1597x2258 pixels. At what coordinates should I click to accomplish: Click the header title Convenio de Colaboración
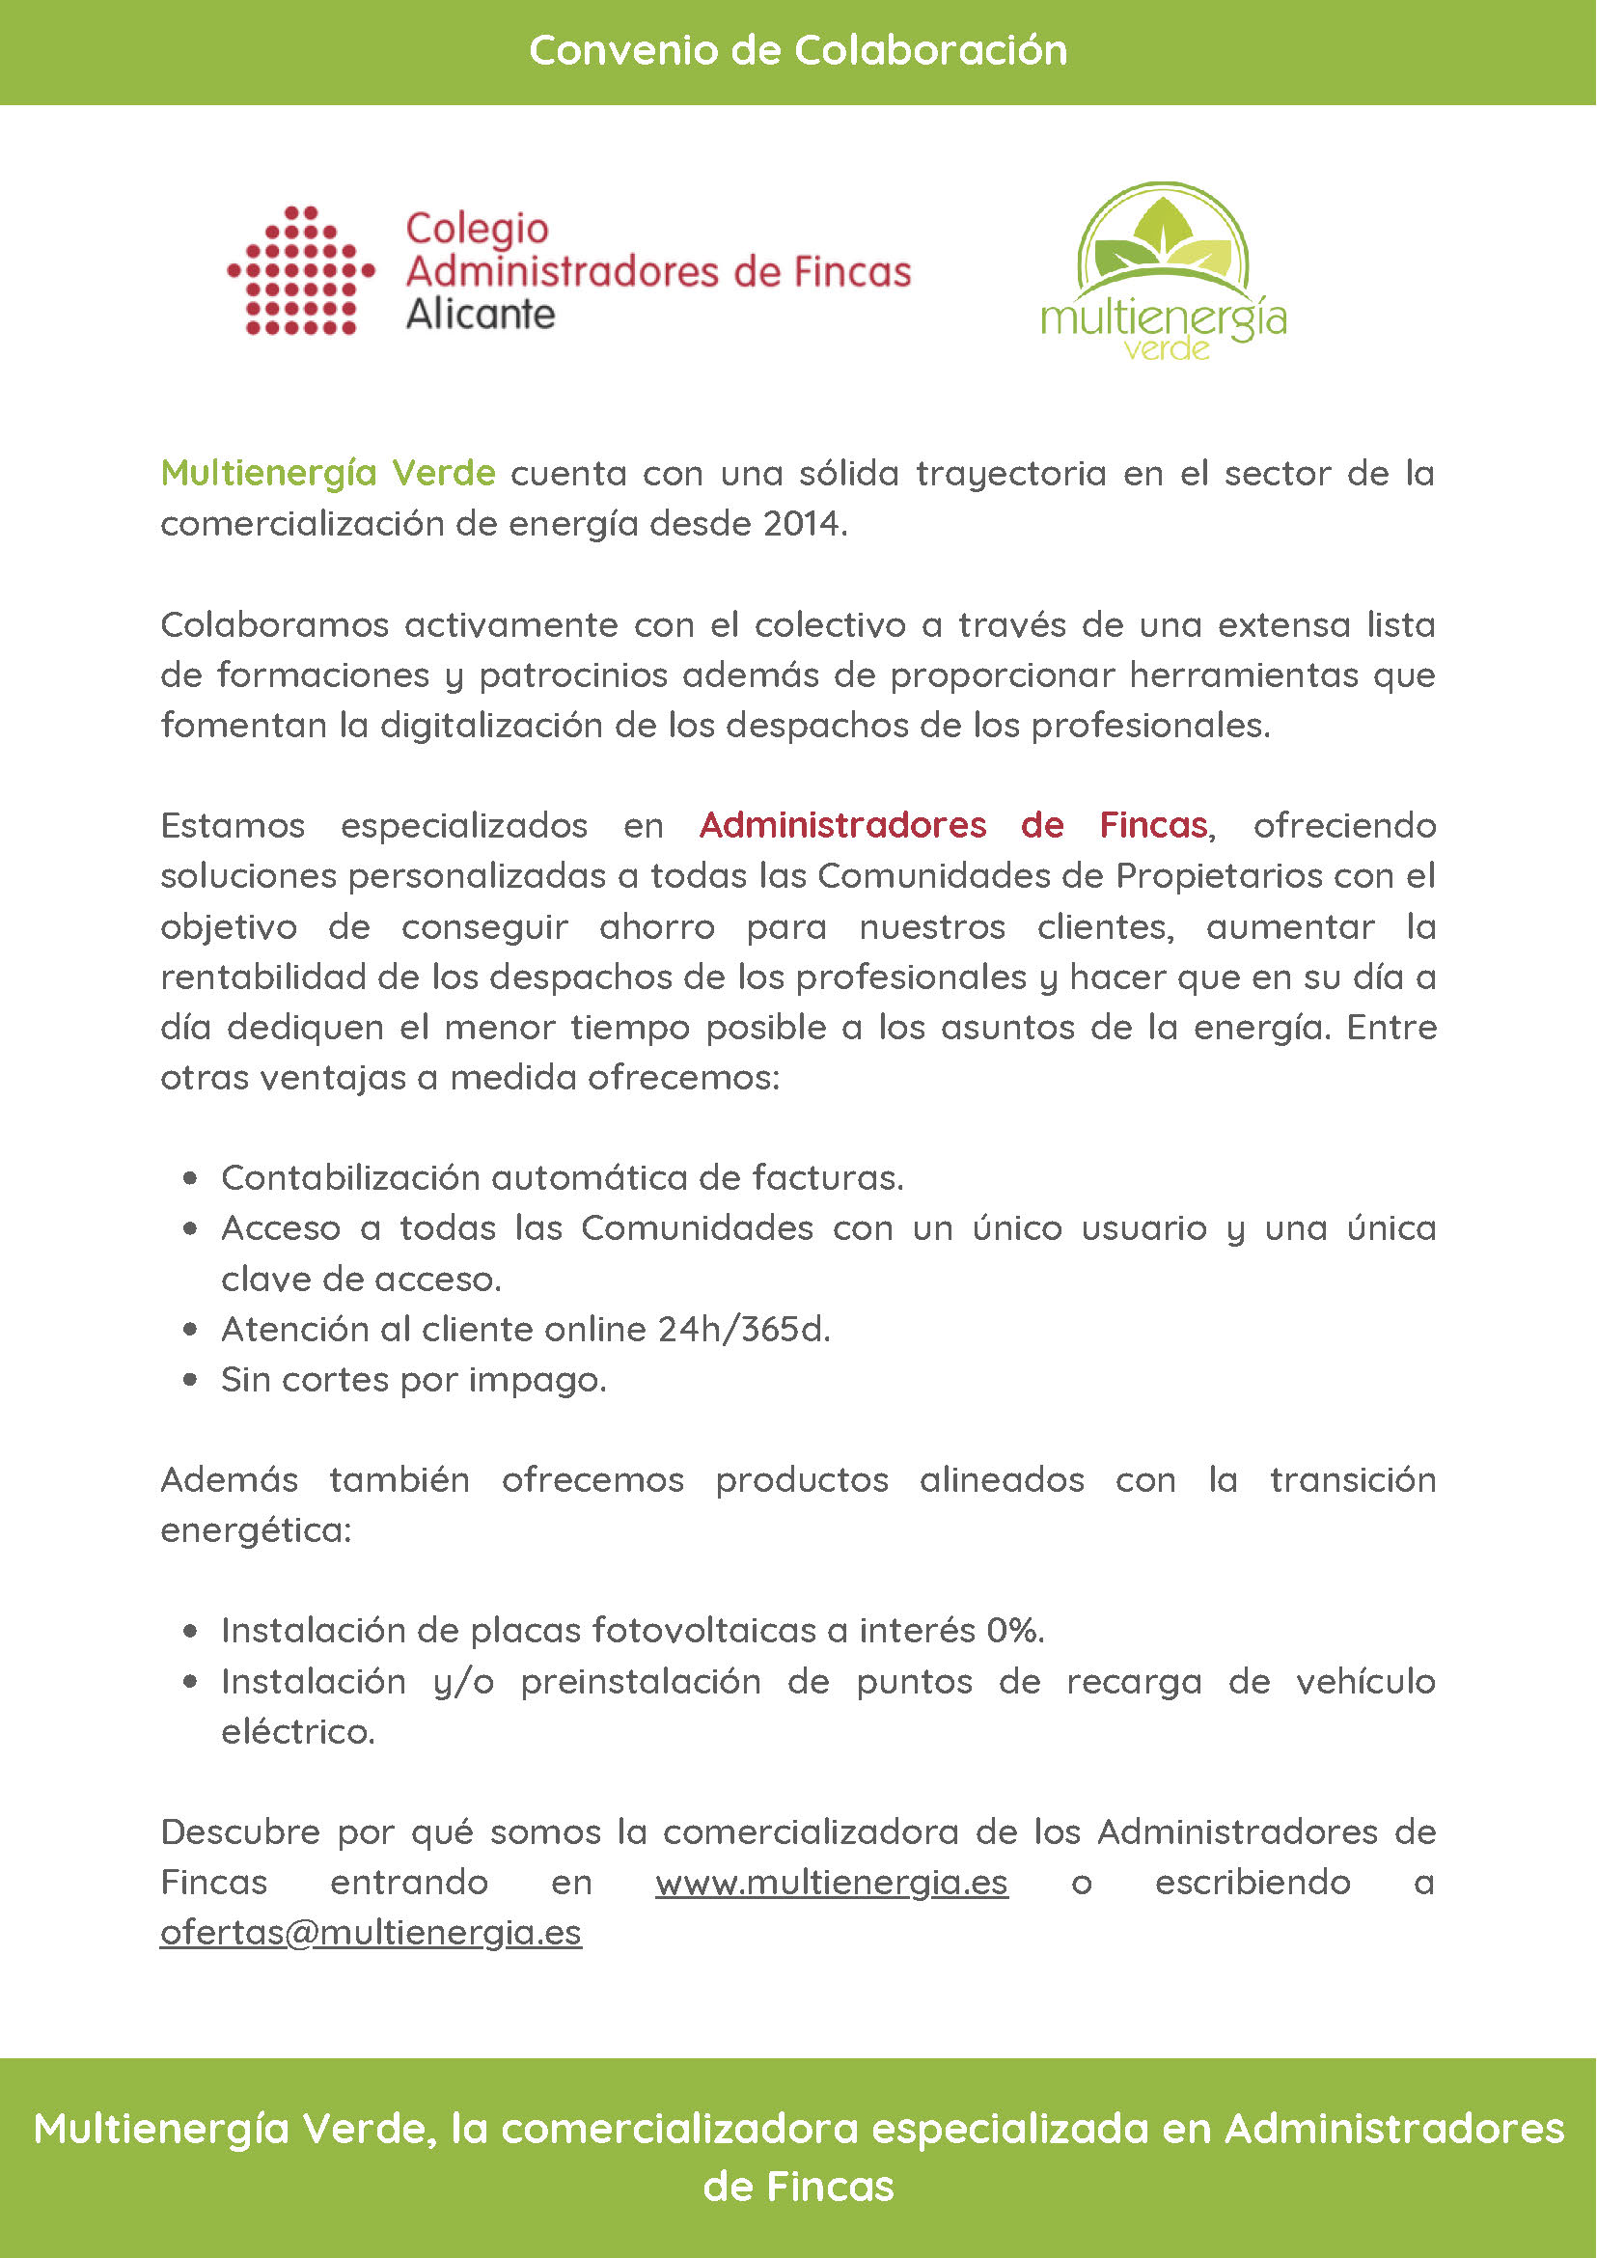[x=797, y=50]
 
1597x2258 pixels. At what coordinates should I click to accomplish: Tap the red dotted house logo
[x=301, y=270]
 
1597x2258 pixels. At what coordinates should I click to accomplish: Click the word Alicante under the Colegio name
[x=480, y=315]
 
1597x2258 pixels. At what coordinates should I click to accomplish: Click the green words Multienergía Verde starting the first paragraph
[x=327, y=473]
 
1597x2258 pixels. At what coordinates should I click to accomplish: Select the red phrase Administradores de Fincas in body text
[x=952, y=825]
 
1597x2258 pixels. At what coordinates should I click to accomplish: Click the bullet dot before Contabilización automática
[x=190, y=1178]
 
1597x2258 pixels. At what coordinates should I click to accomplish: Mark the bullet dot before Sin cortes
[x=190, y=1380]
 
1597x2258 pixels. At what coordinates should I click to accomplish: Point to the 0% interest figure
[x=1014, y=1631]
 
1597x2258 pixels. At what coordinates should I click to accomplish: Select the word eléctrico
[x=297, y=1732]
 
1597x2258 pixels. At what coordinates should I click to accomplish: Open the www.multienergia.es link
[x=832, y=1883]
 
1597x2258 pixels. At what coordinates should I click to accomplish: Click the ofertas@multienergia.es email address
[x=371, y=1933]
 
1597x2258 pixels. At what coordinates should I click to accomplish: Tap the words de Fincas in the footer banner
[x=797, y=2187]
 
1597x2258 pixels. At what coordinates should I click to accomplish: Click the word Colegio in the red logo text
[x=477, y=228]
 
